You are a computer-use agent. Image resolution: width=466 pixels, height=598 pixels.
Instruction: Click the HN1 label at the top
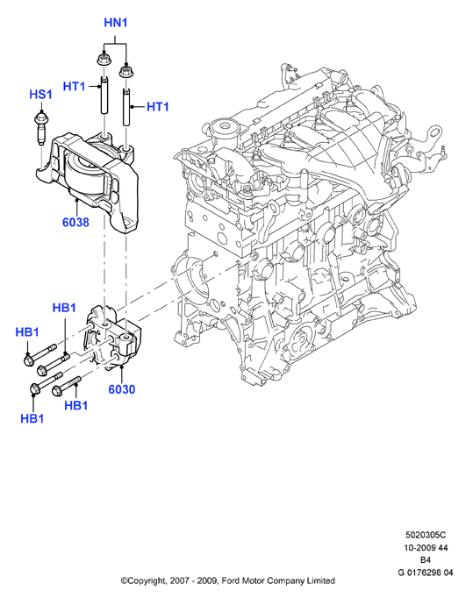coord(116,23)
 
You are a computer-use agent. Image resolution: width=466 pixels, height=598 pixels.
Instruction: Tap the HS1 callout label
coord(41,95)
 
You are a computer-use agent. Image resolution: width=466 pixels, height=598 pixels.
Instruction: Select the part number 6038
coord(75,223)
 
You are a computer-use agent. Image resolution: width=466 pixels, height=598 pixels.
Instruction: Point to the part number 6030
coord(122,389)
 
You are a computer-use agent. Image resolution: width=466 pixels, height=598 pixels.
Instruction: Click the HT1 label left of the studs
coord(74,87)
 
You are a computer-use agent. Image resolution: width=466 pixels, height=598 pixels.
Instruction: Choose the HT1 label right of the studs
coord(158,107)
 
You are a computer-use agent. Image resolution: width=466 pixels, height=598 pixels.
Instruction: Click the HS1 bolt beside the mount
coord(40,128)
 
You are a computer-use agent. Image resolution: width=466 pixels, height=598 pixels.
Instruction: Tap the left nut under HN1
coord(102,59)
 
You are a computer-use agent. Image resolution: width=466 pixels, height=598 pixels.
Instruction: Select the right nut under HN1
coord(125,71)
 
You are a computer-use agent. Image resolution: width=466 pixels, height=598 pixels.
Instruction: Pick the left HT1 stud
coord(104,95)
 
